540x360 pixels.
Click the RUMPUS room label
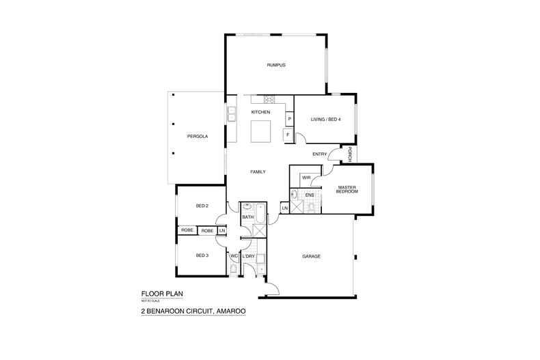[276, 65]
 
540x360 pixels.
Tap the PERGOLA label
[198, 137]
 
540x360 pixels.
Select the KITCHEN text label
[260, 112]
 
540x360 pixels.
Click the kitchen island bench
[260, 131]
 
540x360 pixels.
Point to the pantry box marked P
[290, 119]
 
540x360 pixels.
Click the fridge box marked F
[288, 135]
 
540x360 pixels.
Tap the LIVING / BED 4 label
[326, 120]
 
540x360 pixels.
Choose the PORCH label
[349, 154]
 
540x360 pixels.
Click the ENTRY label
[320, 154]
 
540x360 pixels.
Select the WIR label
[306, 178]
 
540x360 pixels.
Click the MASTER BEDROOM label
[347, 189]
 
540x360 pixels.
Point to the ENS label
[310, 195]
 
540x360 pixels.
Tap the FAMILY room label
[258, 171]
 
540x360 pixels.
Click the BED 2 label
[202, 206]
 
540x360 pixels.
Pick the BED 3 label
[202, 255]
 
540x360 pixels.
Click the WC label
[234, 256]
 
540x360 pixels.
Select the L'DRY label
[248, 256]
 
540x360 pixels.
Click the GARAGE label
[311, 256]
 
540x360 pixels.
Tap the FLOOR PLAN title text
[162, 294]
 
